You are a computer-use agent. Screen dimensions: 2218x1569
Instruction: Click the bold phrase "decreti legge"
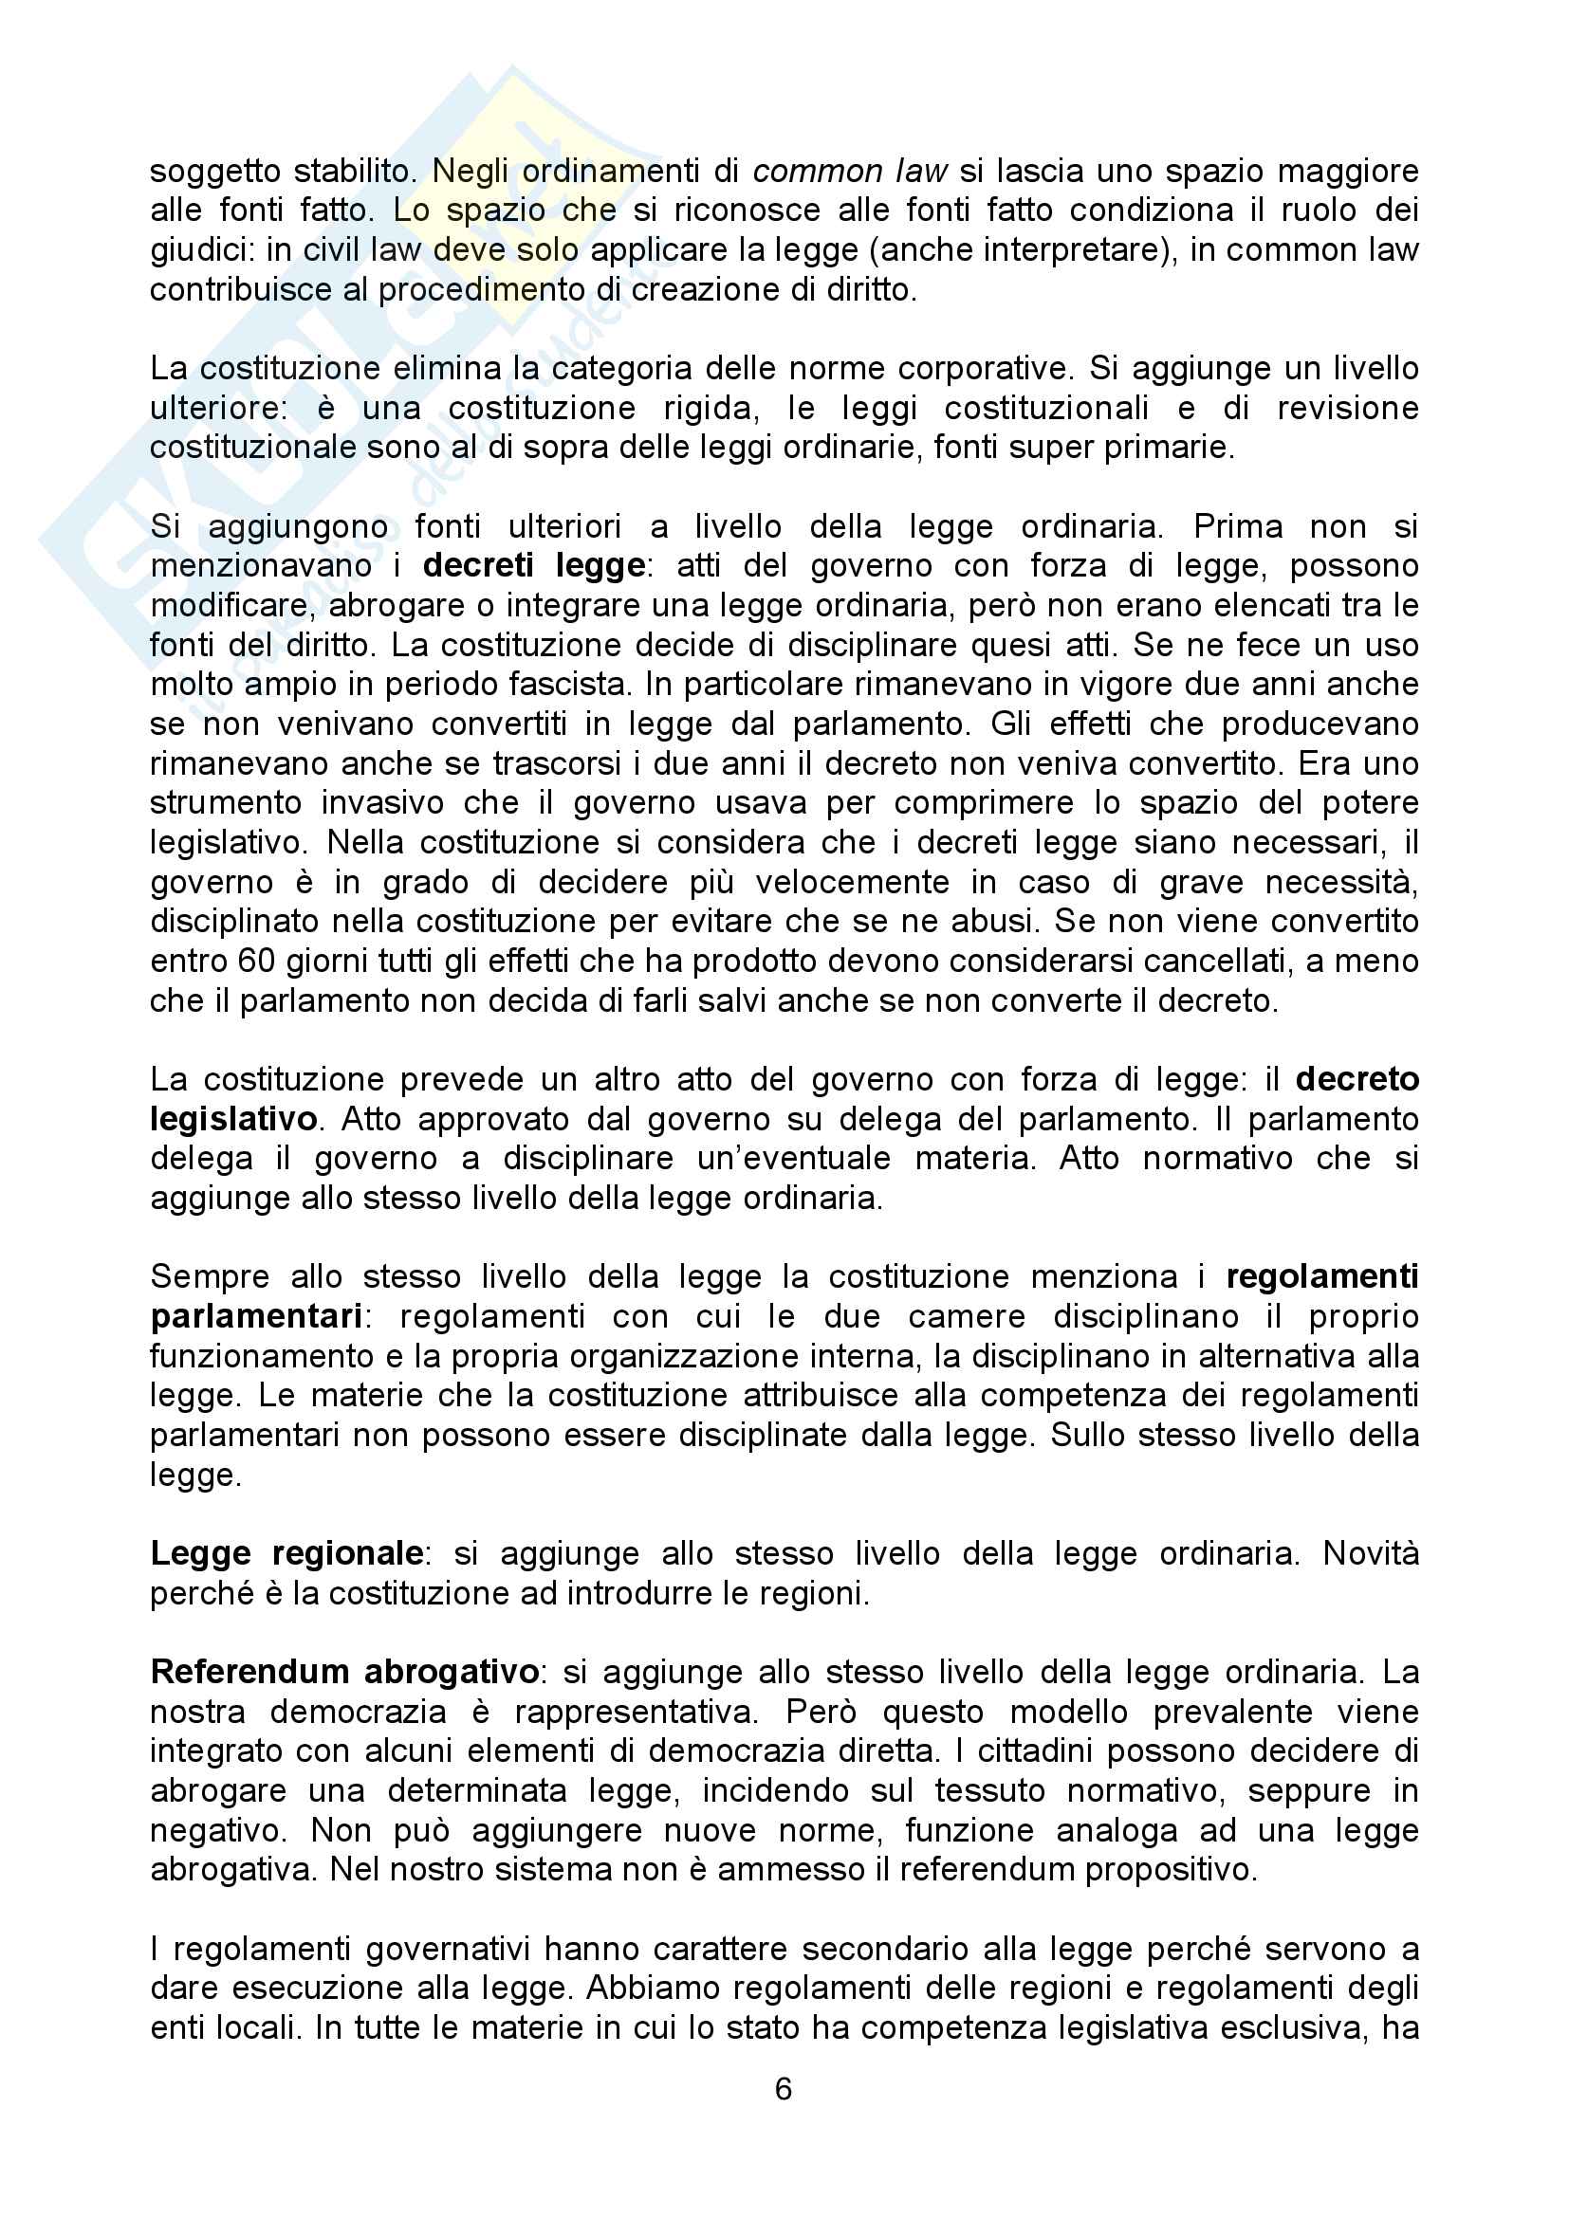[x=534, y=565]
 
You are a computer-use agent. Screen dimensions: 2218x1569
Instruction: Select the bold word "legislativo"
[x=232, y=1119]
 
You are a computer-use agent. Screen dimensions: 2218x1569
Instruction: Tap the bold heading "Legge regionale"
[x=286, y=1553]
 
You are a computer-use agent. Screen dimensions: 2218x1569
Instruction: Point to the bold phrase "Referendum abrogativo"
[x=344, y=1672]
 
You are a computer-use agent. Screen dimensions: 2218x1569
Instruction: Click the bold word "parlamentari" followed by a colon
[x=256, y=1317]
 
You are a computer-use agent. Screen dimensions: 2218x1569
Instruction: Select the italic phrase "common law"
[x=850, y=171]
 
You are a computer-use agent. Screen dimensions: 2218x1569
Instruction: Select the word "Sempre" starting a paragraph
[x=210, y=1277]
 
